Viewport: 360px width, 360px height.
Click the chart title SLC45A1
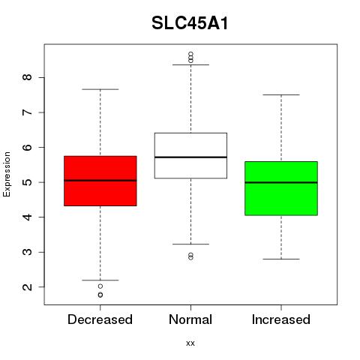point(190,23)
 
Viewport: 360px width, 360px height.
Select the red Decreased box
point(100,181)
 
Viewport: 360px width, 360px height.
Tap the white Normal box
point(190,155)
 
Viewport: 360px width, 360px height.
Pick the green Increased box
point(281,188)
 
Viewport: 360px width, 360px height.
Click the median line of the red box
point(100,180)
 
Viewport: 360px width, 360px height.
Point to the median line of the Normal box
point(190,157)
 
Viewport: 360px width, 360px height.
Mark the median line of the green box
point(281,182)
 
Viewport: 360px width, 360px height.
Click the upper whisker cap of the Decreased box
point(100,89)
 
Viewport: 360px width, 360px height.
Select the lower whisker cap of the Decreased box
point(100,280)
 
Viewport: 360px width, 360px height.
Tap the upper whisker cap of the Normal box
point(190,64)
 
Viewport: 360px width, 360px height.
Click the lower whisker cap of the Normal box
point(190,244)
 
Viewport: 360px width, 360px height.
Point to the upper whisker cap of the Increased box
point(281,95)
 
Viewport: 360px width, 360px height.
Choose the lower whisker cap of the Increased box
point(281,259)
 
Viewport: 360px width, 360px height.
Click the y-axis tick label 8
point(28,77)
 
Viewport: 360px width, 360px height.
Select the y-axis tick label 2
point(28,286)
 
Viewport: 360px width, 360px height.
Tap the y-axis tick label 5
point(28,182)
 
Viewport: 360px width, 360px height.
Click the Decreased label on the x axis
point(100,319)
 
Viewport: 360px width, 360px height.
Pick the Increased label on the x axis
point(281,319)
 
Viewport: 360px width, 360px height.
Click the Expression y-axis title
point(7,174)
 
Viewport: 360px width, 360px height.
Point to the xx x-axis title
point(190,343)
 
